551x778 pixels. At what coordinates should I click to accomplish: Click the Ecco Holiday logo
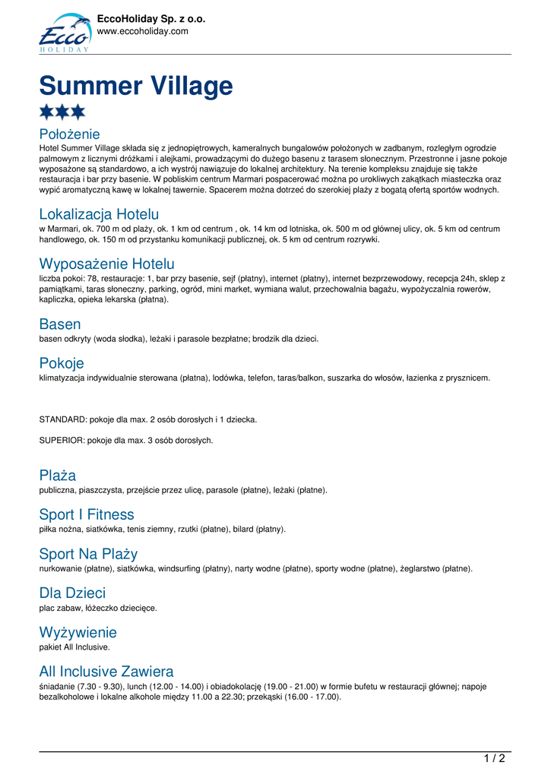tap(65, 33)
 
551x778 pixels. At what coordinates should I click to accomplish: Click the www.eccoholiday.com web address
tap(142, 31)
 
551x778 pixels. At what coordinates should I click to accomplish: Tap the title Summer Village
tap(136, 86)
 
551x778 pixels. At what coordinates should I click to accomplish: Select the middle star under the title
tap(62, 112)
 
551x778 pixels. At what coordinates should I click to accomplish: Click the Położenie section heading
tap(69, 134)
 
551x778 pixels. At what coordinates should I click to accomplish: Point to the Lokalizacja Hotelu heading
tap(99, 214)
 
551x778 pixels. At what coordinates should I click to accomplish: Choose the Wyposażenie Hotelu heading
tap(106, 264)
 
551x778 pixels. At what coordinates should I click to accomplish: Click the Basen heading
tap(60, 324)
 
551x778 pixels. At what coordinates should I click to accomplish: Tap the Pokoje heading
tap(62, 363)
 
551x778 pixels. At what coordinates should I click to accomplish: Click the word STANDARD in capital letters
tap(63, 419)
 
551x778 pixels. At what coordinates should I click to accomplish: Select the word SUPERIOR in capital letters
tap(62, 440)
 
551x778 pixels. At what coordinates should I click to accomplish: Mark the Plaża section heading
tap(58, 476)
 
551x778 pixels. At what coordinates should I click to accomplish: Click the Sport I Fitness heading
tap(87, 514)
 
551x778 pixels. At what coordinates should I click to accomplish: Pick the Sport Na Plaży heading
tap(88, 554)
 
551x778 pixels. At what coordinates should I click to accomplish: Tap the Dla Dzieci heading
tap(72, 593)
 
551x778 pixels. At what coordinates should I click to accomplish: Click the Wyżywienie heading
tap(78, 632)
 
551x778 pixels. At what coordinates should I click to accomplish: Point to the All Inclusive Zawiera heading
tap(106, 672)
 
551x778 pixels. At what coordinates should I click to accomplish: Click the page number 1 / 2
tap(494, 758)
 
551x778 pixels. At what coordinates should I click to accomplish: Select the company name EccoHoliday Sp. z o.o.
tap(151, 19)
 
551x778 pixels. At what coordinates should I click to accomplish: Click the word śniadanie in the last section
tap(57, 686)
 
